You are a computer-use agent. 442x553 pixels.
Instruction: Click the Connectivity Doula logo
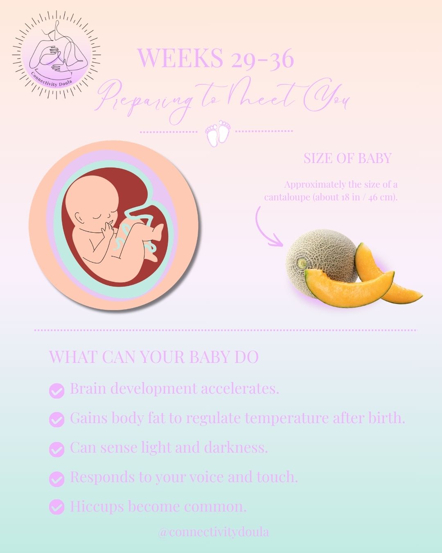56,55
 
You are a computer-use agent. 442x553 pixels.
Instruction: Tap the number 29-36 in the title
262,59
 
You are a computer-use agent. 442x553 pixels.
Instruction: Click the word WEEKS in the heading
181,58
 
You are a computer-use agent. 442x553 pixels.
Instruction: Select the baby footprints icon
218,133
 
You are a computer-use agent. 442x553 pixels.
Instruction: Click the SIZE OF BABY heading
347,158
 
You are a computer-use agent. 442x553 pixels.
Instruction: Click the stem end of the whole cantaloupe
302,263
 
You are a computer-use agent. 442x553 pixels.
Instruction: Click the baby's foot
157,231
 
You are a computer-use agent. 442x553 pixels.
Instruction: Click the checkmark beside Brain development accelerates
56,391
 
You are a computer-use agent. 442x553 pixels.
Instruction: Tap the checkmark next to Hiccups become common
56,506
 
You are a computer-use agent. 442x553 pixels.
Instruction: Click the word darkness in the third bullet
236,447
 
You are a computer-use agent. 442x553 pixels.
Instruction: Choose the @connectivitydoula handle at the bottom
214,532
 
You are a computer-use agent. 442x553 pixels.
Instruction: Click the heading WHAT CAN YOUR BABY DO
154,357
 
